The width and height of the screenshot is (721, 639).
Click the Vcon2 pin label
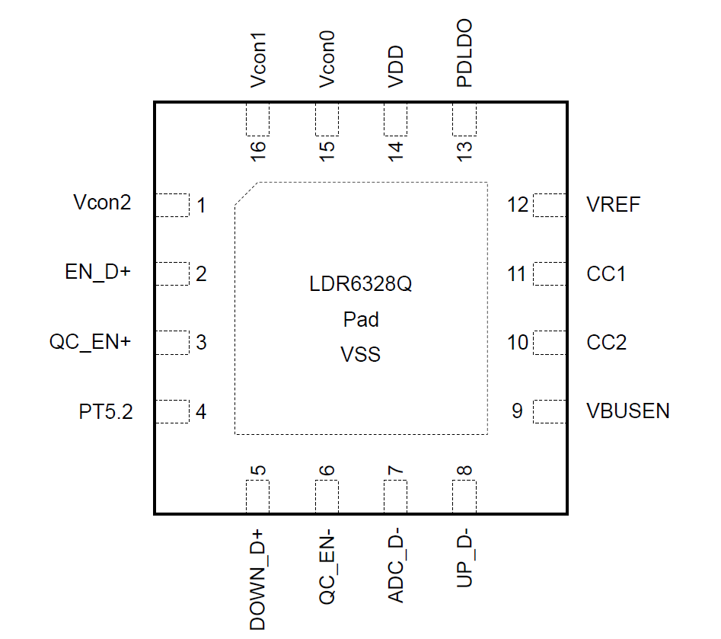point(102,203)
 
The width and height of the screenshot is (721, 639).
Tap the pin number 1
point(201,206)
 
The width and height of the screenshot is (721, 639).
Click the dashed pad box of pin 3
point(172,343)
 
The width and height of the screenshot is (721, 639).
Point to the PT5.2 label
point(106,412)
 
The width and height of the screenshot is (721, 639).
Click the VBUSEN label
point(628,411)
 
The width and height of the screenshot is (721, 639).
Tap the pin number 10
point(518,343)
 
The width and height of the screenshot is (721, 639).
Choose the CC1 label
point(607,273)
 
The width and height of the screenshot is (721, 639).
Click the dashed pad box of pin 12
point(549,206)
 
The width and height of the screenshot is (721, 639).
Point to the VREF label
point(614,204)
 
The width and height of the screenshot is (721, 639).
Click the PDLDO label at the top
point(464,54)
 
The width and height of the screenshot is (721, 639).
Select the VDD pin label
point(396,69)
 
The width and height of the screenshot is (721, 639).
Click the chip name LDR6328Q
point(361,286)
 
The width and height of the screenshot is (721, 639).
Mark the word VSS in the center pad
point(361,354)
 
